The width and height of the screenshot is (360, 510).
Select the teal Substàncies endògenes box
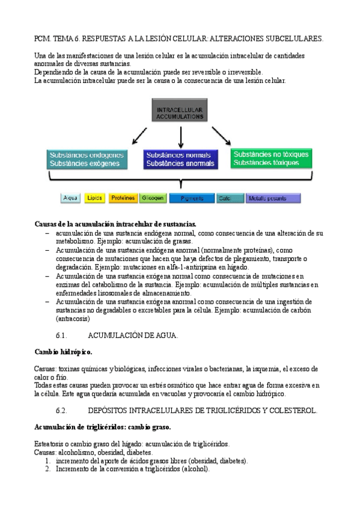click(87, 159)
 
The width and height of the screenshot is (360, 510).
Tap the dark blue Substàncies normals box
click(180, 159)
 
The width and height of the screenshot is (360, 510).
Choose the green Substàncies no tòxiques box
click(272, 158)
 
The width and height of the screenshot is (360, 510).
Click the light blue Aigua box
click(70, 198)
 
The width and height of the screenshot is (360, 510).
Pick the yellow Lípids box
click(95, 198)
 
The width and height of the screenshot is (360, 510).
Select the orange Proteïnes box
click(123, 198)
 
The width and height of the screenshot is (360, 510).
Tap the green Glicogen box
click(153, 198)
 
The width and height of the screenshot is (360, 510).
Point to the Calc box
click(228, 198)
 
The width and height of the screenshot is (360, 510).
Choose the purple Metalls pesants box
click(273, 198)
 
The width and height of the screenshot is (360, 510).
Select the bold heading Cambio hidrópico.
click(63, 351)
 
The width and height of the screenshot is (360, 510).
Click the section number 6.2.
click(63, 410)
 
